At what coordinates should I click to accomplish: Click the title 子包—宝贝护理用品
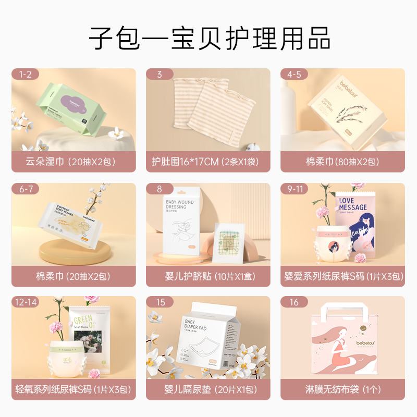pyautogui.click(x=208, y=39)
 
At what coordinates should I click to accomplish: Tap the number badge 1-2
pyautogui.click(x=25, y=75)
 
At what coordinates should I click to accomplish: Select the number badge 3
pyautogui.click(x=160, y=75)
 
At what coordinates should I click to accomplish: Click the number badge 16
pyautogui.click(x=295, y=302)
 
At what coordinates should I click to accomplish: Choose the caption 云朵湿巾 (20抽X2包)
pyautogui.click(x=73, y=162)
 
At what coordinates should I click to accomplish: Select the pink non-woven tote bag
pyautogui.click(x=343, y=347)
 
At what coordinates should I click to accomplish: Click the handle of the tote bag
pyautogui.click(x=343, y=315)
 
